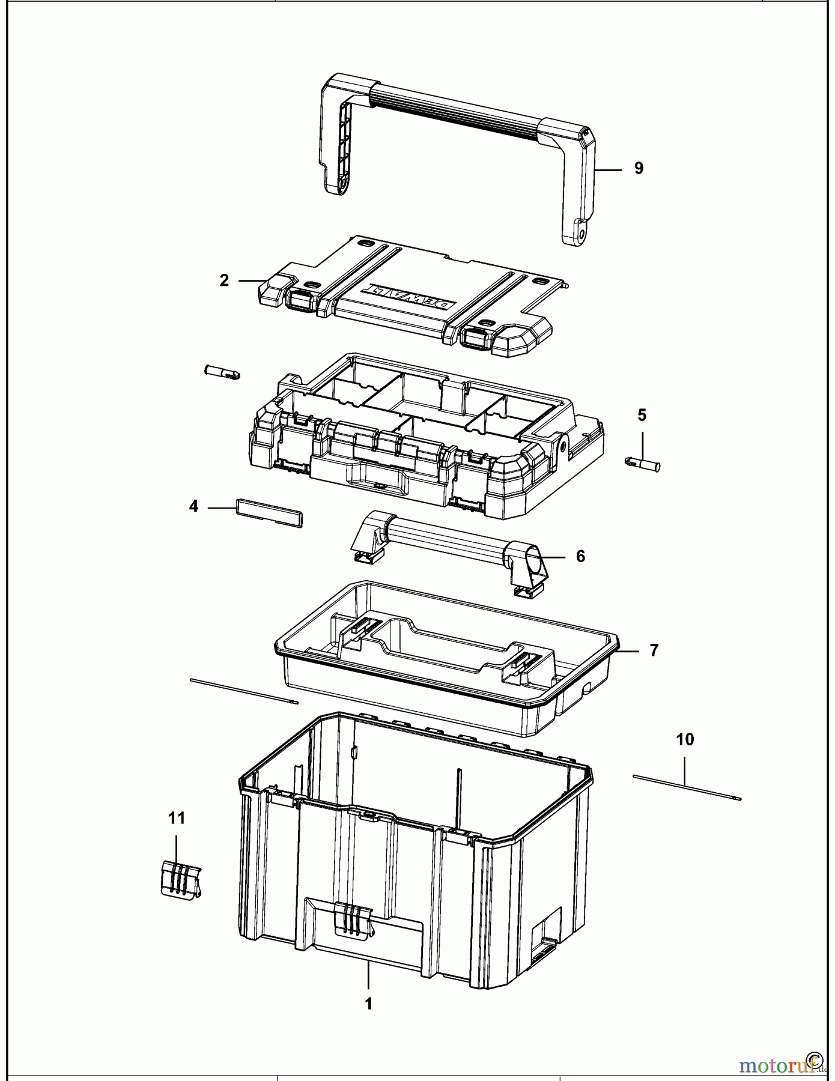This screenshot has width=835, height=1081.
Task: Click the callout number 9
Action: click(x=639, y=169)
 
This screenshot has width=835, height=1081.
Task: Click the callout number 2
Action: click(x=224, y=280)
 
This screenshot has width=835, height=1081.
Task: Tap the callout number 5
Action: click(x=642, y=415)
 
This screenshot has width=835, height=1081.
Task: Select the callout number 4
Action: click(x=193, y=507)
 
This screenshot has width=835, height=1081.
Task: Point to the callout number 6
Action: click(x=580, y=557)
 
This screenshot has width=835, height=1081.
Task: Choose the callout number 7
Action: click(x=654, y=650)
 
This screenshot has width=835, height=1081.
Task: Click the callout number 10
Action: click(x=685, y=740)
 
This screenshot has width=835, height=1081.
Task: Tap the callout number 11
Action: click(x=177, y=818)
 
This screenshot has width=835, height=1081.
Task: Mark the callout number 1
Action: click(x=369, y=1004)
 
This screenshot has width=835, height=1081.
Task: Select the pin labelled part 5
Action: click(x=643, y=464)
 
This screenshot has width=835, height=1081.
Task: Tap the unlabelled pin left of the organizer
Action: click(x=223, y=372)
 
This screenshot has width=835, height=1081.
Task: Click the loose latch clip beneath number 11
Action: click(x=180, y=880)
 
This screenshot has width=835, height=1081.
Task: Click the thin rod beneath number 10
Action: click(x=687, y=787)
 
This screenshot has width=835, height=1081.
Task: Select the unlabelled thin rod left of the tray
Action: click(x=243, y=690)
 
